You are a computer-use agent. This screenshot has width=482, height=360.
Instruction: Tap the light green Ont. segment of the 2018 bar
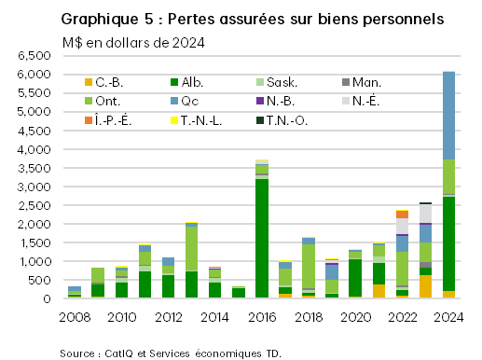tap(309, 266)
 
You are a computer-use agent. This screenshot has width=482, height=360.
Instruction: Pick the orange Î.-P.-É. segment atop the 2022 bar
tap(402, 215)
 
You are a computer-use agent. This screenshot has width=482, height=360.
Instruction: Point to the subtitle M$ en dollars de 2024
tap(134, 42)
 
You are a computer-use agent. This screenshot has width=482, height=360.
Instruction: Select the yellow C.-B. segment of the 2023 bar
tap(425, 286)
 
